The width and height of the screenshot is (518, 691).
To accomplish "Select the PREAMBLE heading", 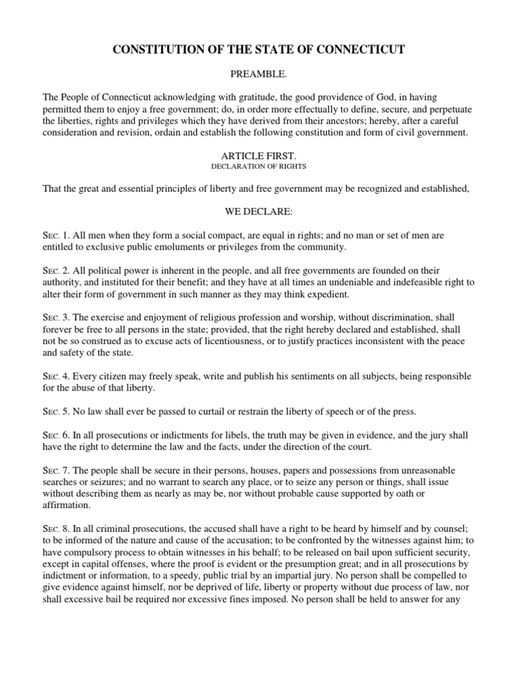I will click(x=258, y=75).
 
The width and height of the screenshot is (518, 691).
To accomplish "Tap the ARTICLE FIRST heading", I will click(x=258, y=155).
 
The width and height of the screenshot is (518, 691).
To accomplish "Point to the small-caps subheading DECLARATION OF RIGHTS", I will click(x=258, y=166).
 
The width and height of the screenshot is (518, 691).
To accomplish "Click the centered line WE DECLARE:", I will click(x=258, y=212).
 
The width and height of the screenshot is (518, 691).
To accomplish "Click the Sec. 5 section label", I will click(x=55, y=411).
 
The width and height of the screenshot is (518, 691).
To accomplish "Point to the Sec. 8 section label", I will click(x=55, y=528).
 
